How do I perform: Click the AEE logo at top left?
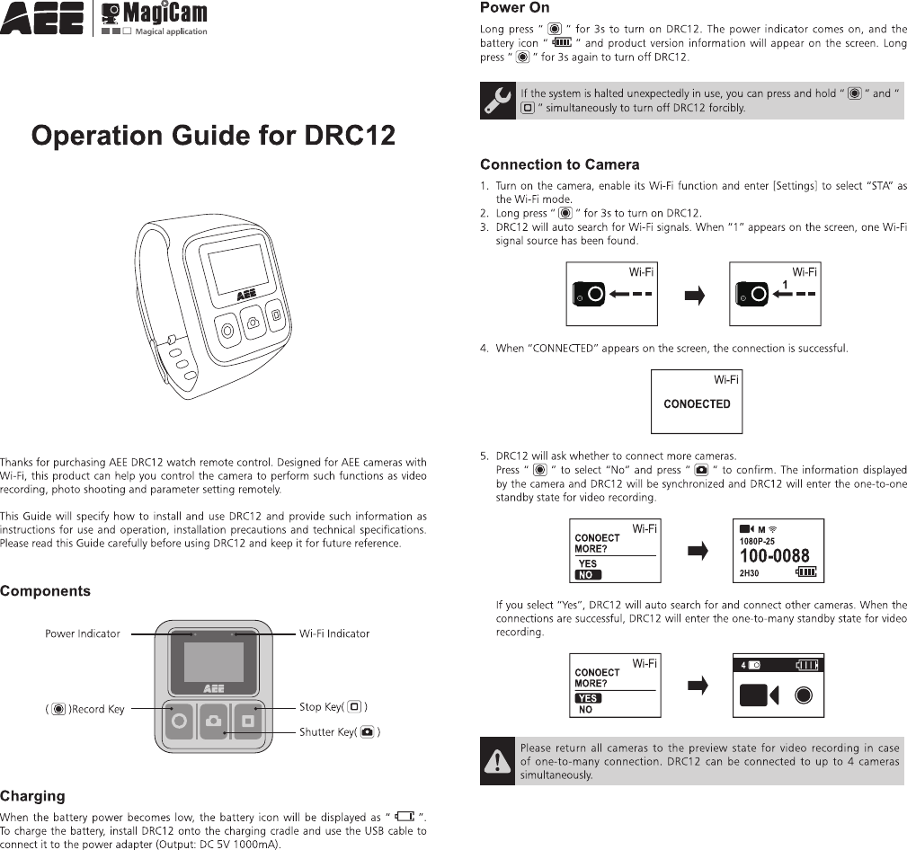click(42, 17)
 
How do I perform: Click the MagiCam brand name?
click(165, 13)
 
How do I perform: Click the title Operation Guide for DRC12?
click(213, 136)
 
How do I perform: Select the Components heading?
click(45, 591)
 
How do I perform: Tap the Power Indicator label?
click(83, 633)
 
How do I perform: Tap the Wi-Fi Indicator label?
click(334, 633)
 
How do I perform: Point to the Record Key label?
click(85, 709)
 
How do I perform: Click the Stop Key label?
click(333, 707)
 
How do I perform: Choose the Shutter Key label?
click(339, 732)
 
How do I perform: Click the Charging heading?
click(32, 796)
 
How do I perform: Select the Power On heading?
click(514, 8)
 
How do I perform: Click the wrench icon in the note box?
click(497, 101)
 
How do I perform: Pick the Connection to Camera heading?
click(559, 164)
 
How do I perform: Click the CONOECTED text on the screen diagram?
click(697, 404)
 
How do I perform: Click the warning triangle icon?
click(496, 761)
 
